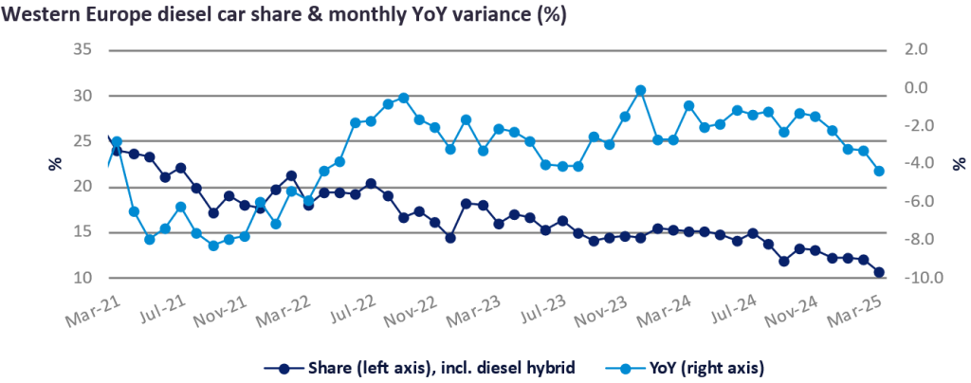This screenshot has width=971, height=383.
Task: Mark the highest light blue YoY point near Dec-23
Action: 640,90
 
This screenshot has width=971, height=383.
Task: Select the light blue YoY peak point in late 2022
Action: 403,98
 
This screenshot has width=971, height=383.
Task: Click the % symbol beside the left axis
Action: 54,163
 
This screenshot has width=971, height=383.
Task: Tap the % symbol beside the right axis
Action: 934,163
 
